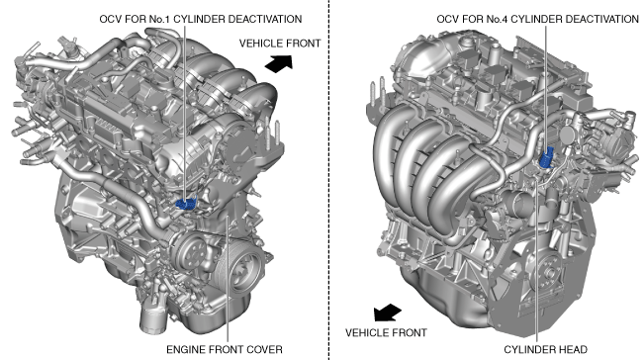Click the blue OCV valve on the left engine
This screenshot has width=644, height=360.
(x=186, y=203)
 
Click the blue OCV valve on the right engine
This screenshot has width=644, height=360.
(x=547, y=157)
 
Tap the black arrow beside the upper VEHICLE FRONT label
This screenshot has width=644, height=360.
(x=279, y=64)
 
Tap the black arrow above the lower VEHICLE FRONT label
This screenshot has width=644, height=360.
(x=387, y=313)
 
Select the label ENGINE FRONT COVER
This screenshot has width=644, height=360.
(x=225, y=349)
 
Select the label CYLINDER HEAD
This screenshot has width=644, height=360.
(x=545, y=349)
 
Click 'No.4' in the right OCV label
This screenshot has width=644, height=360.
(x=497, y=20)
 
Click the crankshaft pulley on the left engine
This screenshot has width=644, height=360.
(x=243, y=270)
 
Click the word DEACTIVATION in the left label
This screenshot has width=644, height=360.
(x=264, y=20)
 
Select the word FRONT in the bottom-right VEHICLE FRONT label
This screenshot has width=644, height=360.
(x=410, y=332)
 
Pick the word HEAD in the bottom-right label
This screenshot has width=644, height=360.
(x=573, y=349)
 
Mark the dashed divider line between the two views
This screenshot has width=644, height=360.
(x=328, y=180)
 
